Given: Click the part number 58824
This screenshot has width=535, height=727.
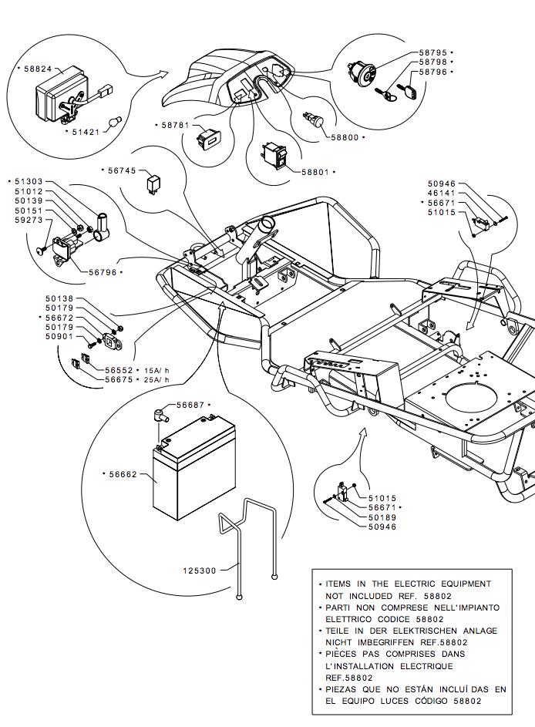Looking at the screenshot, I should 38,69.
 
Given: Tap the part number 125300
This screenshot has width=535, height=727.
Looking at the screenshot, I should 199,570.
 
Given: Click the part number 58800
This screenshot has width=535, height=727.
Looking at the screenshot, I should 345,136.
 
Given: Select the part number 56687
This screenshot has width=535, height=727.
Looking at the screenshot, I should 190,405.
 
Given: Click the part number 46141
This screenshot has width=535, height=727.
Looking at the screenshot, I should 441,193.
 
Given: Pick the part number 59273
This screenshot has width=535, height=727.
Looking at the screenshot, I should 29,220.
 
